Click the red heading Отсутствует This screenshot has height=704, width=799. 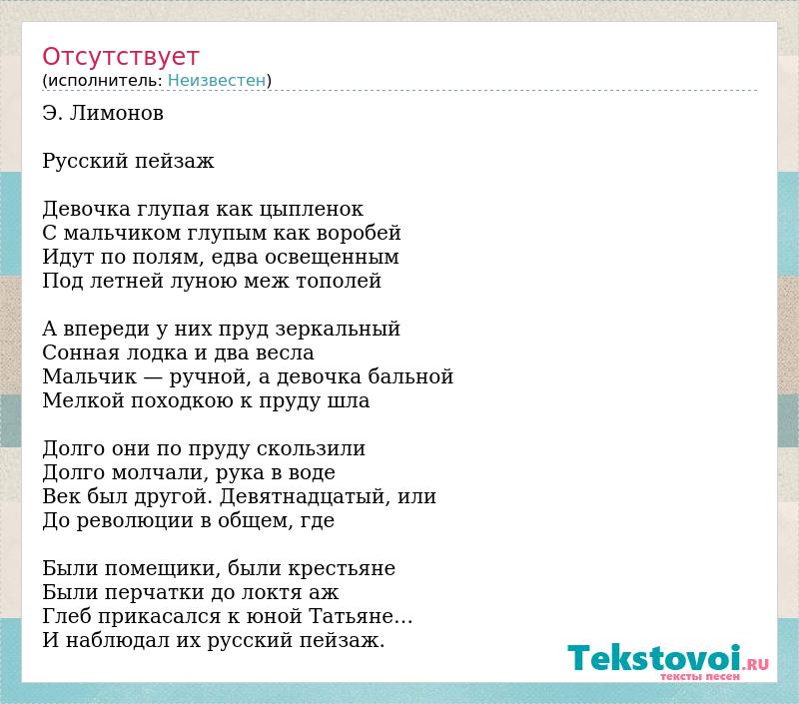click(120, 57)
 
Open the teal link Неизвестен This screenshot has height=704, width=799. click(217, 81)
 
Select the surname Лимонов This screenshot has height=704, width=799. click(116, 113)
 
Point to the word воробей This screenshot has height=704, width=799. click(359, 233)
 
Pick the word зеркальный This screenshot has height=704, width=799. click(338, 330)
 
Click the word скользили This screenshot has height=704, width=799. click(311, 448)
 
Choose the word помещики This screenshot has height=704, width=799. click(162, 569)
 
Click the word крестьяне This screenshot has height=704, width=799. click(342, 568)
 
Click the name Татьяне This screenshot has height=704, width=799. click(352, 616)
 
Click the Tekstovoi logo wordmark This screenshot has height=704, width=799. click(654, 658)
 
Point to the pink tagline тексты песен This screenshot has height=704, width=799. click(700, 677)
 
